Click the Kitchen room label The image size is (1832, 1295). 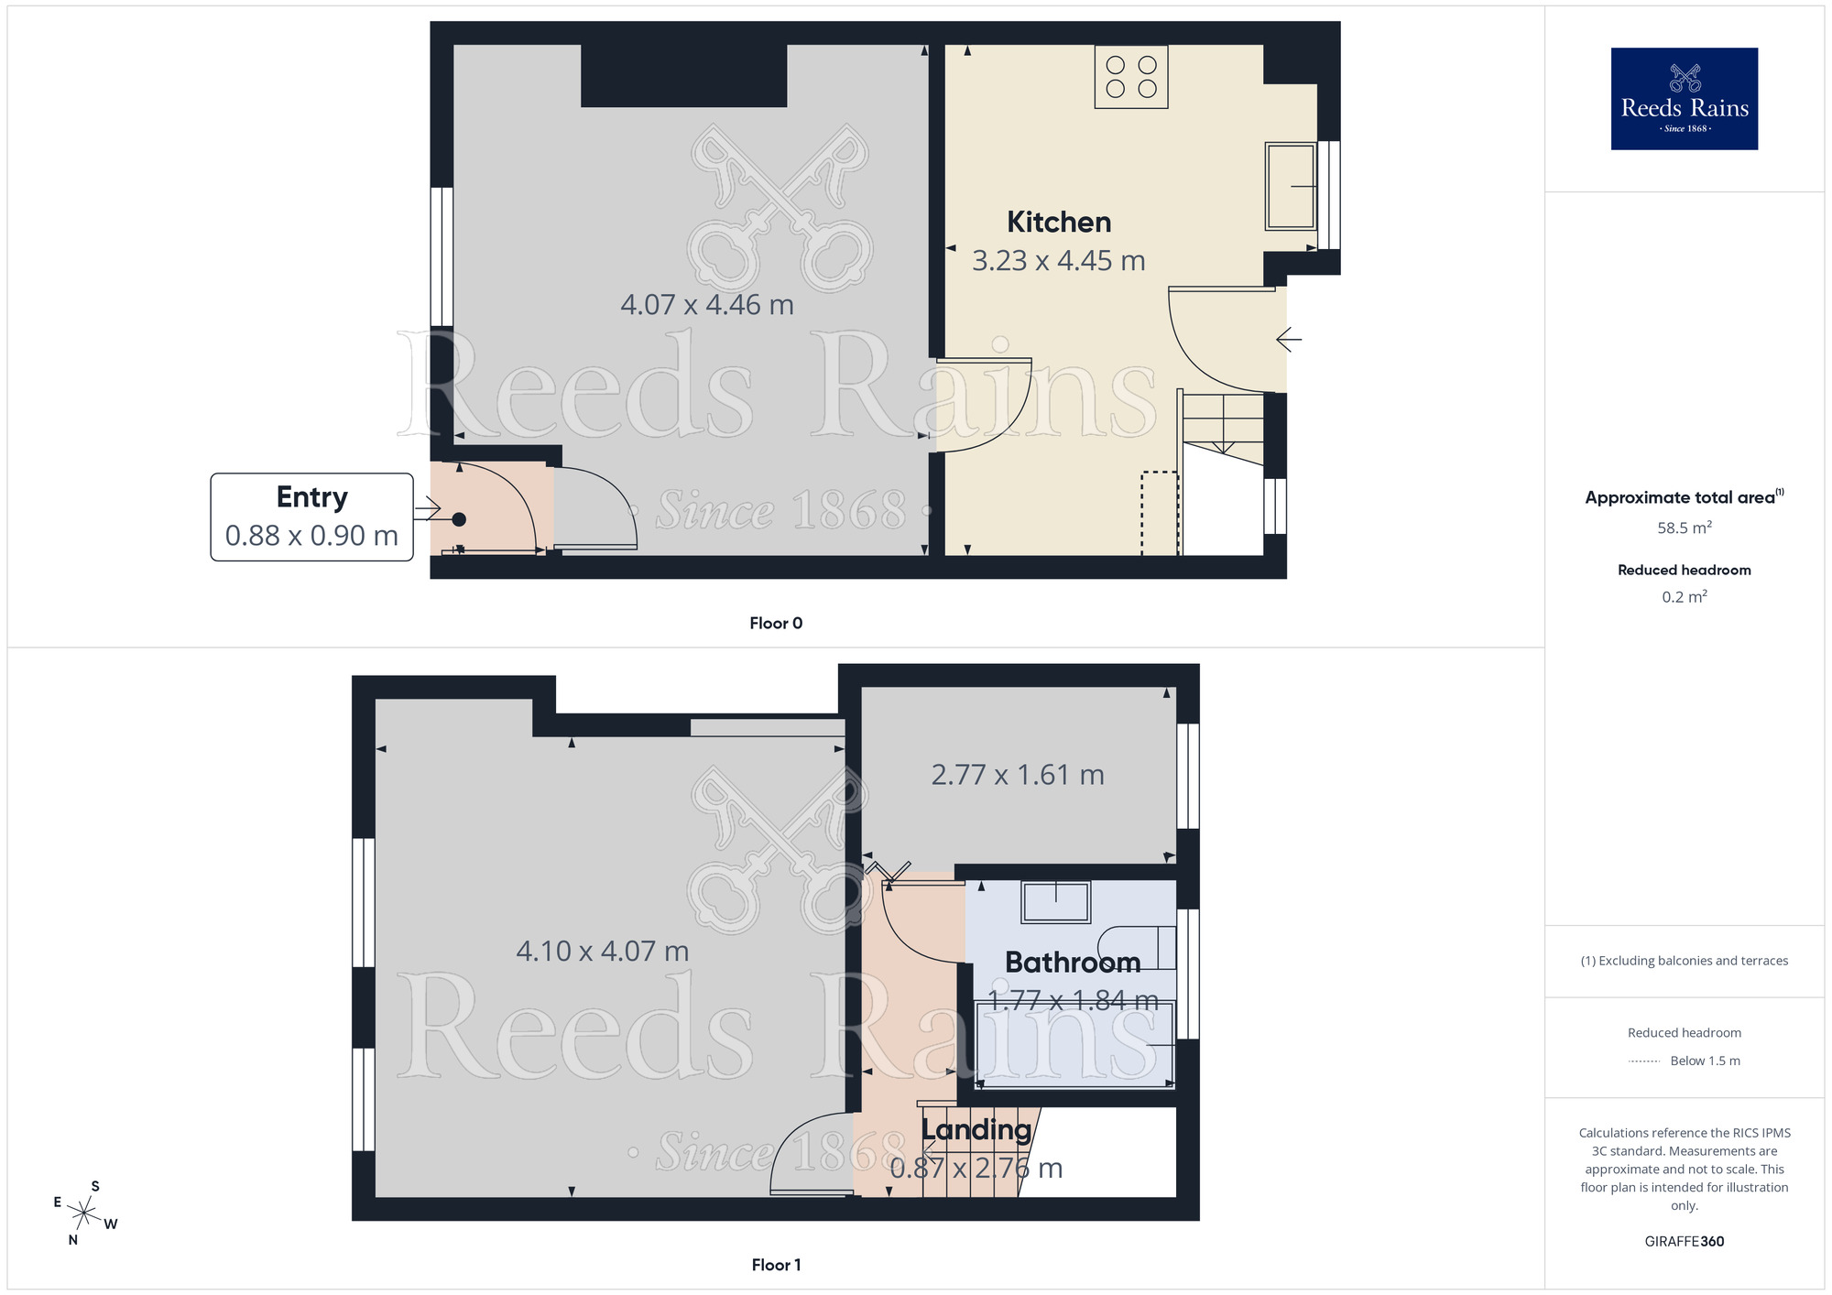click(x=1059, y=223)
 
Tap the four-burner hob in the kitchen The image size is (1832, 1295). click(x=1131, y=77)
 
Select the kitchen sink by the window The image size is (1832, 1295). click(x=1291, y=186)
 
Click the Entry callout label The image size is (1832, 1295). click(x=311, y=497)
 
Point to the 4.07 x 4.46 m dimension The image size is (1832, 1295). click(x=707, y=305)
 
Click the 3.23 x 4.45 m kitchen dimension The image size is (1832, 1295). click(x=1059, y=261)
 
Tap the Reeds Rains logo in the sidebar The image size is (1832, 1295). click(x=1685, y=99)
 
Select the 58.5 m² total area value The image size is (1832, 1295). click(x=1685, y=528)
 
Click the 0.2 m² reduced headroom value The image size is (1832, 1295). click(x=1685, y=597)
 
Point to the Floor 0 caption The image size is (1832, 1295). click(x=776, y=624)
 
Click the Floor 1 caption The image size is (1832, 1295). click(x=776, y=1265)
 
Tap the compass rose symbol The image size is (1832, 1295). click(x=84, y=1213)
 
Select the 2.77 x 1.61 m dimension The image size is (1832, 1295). click(x=1018, y=776)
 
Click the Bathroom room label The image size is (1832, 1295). click(x=1073, y=963)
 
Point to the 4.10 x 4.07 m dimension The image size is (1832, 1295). click(x=603, y=952)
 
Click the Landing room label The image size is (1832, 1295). click(x=976, y=1130)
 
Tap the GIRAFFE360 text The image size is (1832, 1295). click(x=1685, y=1242)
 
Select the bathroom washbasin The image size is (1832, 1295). click(x=1056, y=902)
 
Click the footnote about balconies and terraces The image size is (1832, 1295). click(x=1685, y=961)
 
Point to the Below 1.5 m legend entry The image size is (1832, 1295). click(x=1704, y=1061)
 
